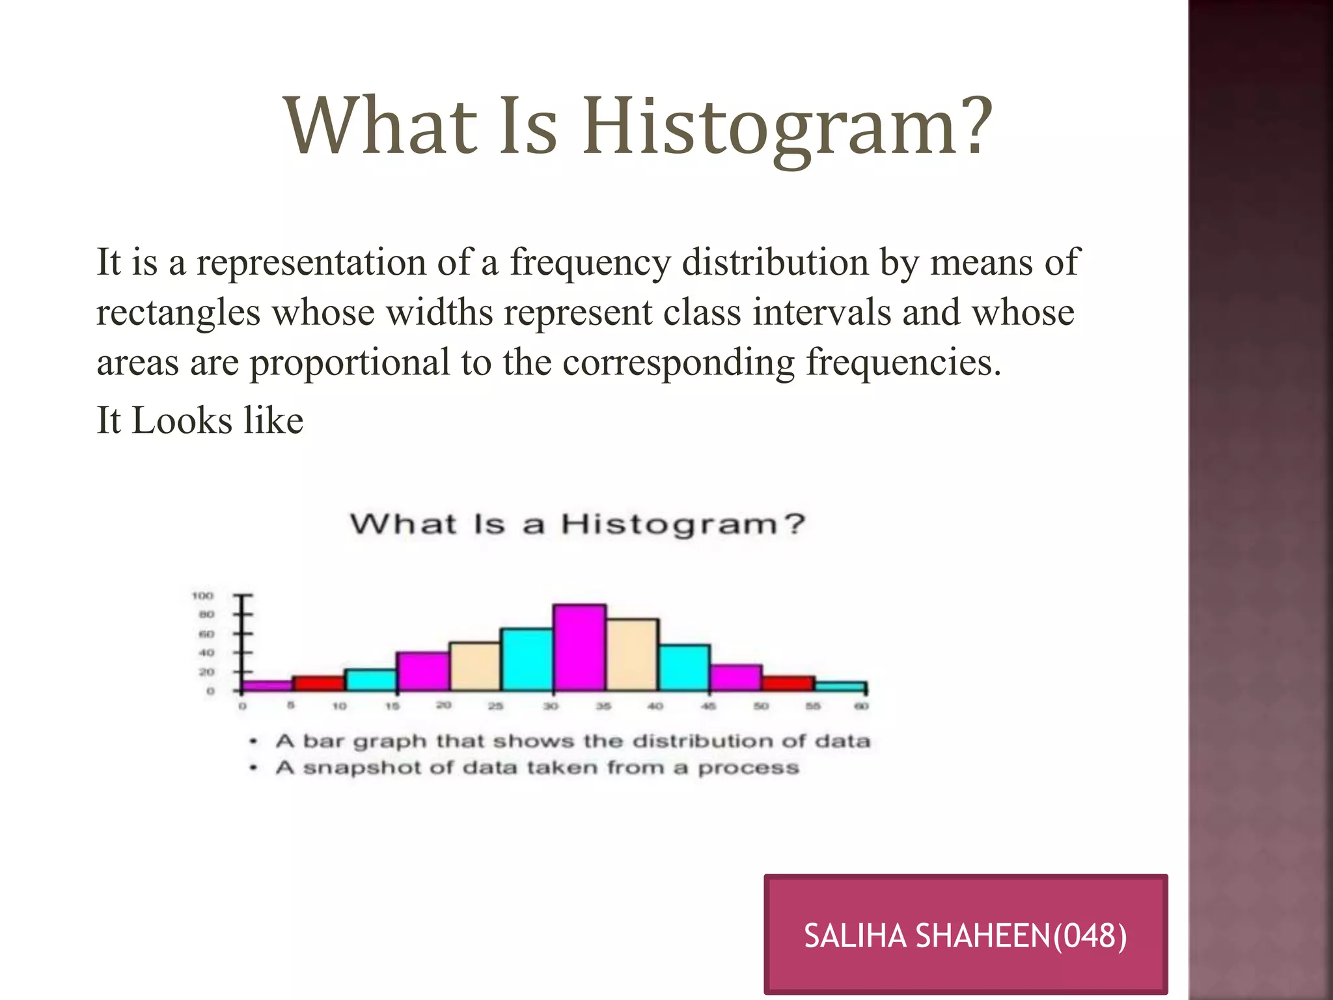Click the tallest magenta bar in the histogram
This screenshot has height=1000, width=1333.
coord(579,648)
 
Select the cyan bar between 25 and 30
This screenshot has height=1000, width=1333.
coord(527,660)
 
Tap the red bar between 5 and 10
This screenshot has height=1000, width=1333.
coord(318,684)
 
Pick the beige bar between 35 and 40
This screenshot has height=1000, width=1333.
coord(632,654)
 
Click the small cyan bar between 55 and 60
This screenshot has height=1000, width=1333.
coord(840,687)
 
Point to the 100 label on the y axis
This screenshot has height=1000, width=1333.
coord(202,596)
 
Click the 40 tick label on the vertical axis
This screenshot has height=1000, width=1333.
coord(206,652)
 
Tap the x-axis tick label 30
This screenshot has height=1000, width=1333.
coord(551,706)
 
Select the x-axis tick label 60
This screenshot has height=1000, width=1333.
coord(861,706)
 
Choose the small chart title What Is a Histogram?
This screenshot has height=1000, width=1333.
coord(577,524)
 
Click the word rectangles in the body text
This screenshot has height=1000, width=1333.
coord(178,312)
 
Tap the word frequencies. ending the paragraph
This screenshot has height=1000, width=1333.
coord(903,363)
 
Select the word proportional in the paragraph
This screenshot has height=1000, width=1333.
coord(350,363)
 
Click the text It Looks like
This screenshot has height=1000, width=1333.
coord(200,420)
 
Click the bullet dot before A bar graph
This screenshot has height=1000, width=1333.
coord(254,742)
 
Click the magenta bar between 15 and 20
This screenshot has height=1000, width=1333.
coord(422,671)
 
